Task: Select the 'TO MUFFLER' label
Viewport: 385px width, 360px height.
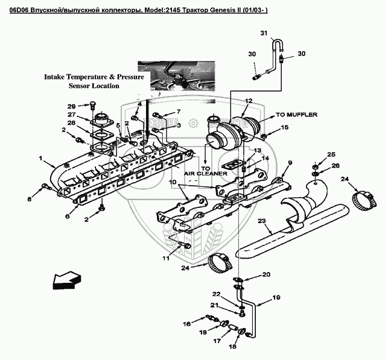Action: point(297,114)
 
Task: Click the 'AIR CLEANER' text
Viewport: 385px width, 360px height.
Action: point(206,173)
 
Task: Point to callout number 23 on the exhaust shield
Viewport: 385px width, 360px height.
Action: point(262,221)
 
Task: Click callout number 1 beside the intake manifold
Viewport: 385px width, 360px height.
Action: point(40,160)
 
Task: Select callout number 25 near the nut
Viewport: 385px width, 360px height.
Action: point(331,155)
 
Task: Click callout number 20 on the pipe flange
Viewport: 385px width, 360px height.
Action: point(266,275)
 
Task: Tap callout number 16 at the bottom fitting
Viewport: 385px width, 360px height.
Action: point(186,324)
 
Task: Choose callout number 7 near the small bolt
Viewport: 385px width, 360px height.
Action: point(179,112)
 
